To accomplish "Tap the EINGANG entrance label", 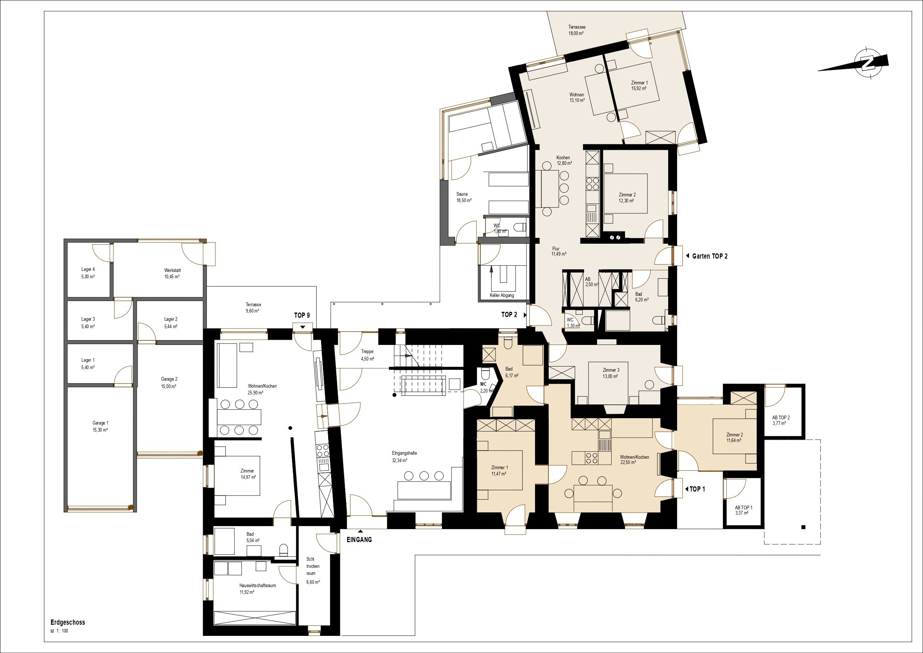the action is [359, 540].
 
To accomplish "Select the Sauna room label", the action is [462, 194].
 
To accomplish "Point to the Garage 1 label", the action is [100, 423].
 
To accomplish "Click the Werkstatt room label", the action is [173, 270].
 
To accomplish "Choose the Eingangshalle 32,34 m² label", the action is [404, 457].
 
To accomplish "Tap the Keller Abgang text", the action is [502, 295].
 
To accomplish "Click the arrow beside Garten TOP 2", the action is [688, 256].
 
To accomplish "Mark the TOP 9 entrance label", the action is [302, 315].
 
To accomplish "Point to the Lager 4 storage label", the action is [88, 269].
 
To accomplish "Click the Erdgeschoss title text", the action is [68, 622].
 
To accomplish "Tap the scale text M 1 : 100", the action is [59, 631].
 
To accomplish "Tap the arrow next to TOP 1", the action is [687, 489].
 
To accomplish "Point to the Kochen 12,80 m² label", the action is [564, 160].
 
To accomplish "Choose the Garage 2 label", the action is [169, 379].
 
